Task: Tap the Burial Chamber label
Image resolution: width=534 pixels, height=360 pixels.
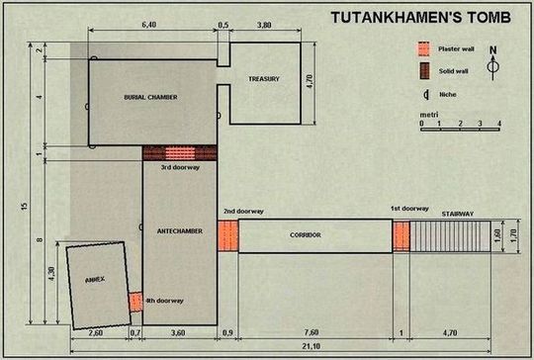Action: (150, 97)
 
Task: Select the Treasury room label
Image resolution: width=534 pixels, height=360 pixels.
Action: (265, 78)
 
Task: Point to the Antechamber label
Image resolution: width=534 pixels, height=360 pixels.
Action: (180, 230)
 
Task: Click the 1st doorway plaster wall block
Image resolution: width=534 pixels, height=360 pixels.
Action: (400, 236)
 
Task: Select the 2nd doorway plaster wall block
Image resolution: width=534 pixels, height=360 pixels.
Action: (227, 236)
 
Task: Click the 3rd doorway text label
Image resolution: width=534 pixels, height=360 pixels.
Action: (179, 167)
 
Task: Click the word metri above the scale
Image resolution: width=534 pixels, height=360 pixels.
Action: (429, 116)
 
